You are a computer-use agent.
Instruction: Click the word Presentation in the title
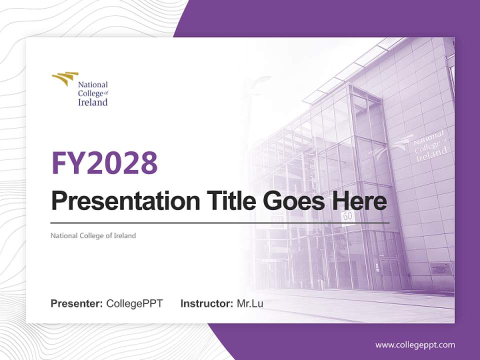(118, 201)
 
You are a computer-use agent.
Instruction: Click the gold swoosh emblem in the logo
(65, 78)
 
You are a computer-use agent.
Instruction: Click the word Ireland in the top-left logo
(92, 102)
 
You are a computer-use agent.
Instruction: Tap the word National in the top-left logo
(92, 84)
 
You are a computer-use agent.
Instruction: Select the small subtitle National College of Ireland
(93, 235)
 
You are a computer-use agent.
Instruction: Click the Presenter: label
(77, 303)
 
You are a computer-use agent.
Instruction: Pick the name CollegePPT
(134, 303)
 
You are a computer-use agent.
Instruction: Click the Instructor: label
(206, 303)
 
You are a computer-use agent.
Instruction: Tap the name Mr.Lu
(250, 303)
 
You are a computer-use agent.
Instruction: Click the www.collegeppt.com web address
(415, 344)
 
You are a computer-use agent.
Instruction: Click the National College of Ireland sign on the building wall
(429, 145)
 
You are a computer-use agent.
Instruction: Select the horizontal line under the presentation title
(220, 222)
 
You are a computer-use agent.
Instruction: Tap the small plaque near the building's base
(441, 268)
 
